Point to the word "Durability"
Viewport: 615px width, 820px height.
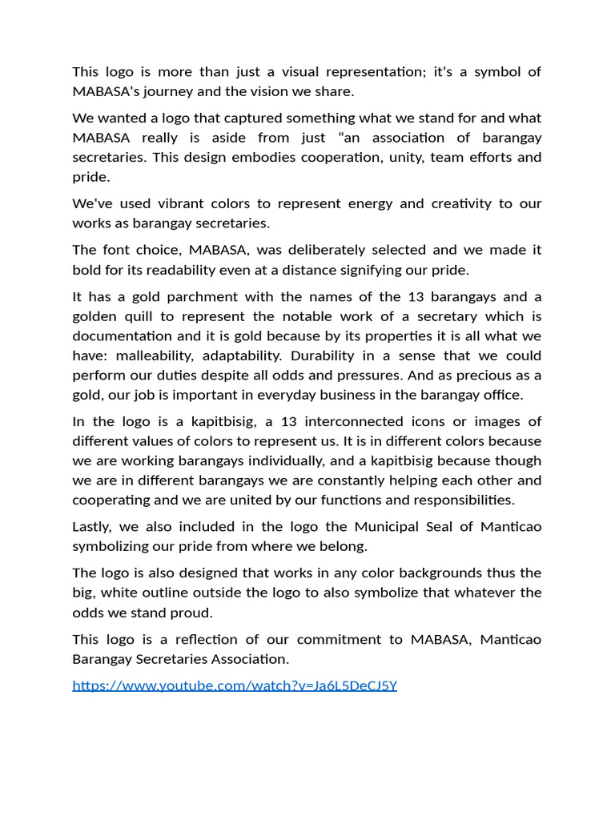click(x=325, y=356)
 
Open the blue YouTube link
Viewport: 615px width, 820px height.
click(x=235, y=685)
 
